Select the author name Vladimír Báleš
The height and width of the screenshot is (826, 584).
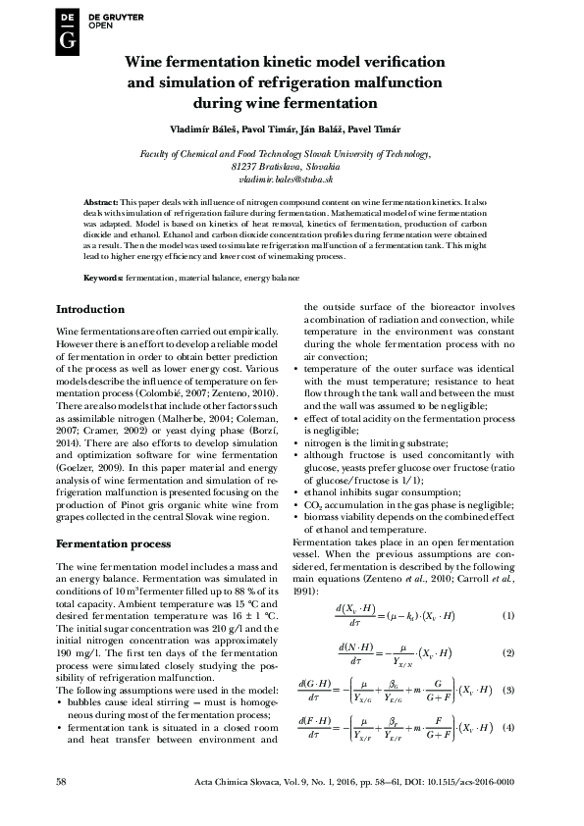click(x=204, y=129)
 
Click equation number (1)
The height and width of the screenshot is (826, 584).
click(x=508, y=615)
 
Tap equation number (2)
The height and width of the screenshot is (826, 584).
click(x=508, y=652)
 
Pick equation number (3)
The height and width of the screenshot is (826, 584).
click(x=508, y=691)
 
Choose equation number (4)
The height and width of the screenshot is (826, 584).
click(x=508, y=727)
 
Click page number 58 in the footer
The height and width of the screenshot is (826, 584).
click(x=62, y=781)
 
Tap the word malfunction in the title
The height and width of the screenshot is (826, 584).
click(x=391, y=81)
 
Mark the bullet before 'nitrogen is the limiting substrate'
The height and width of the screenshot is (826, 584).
click(x=296, y=443)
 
